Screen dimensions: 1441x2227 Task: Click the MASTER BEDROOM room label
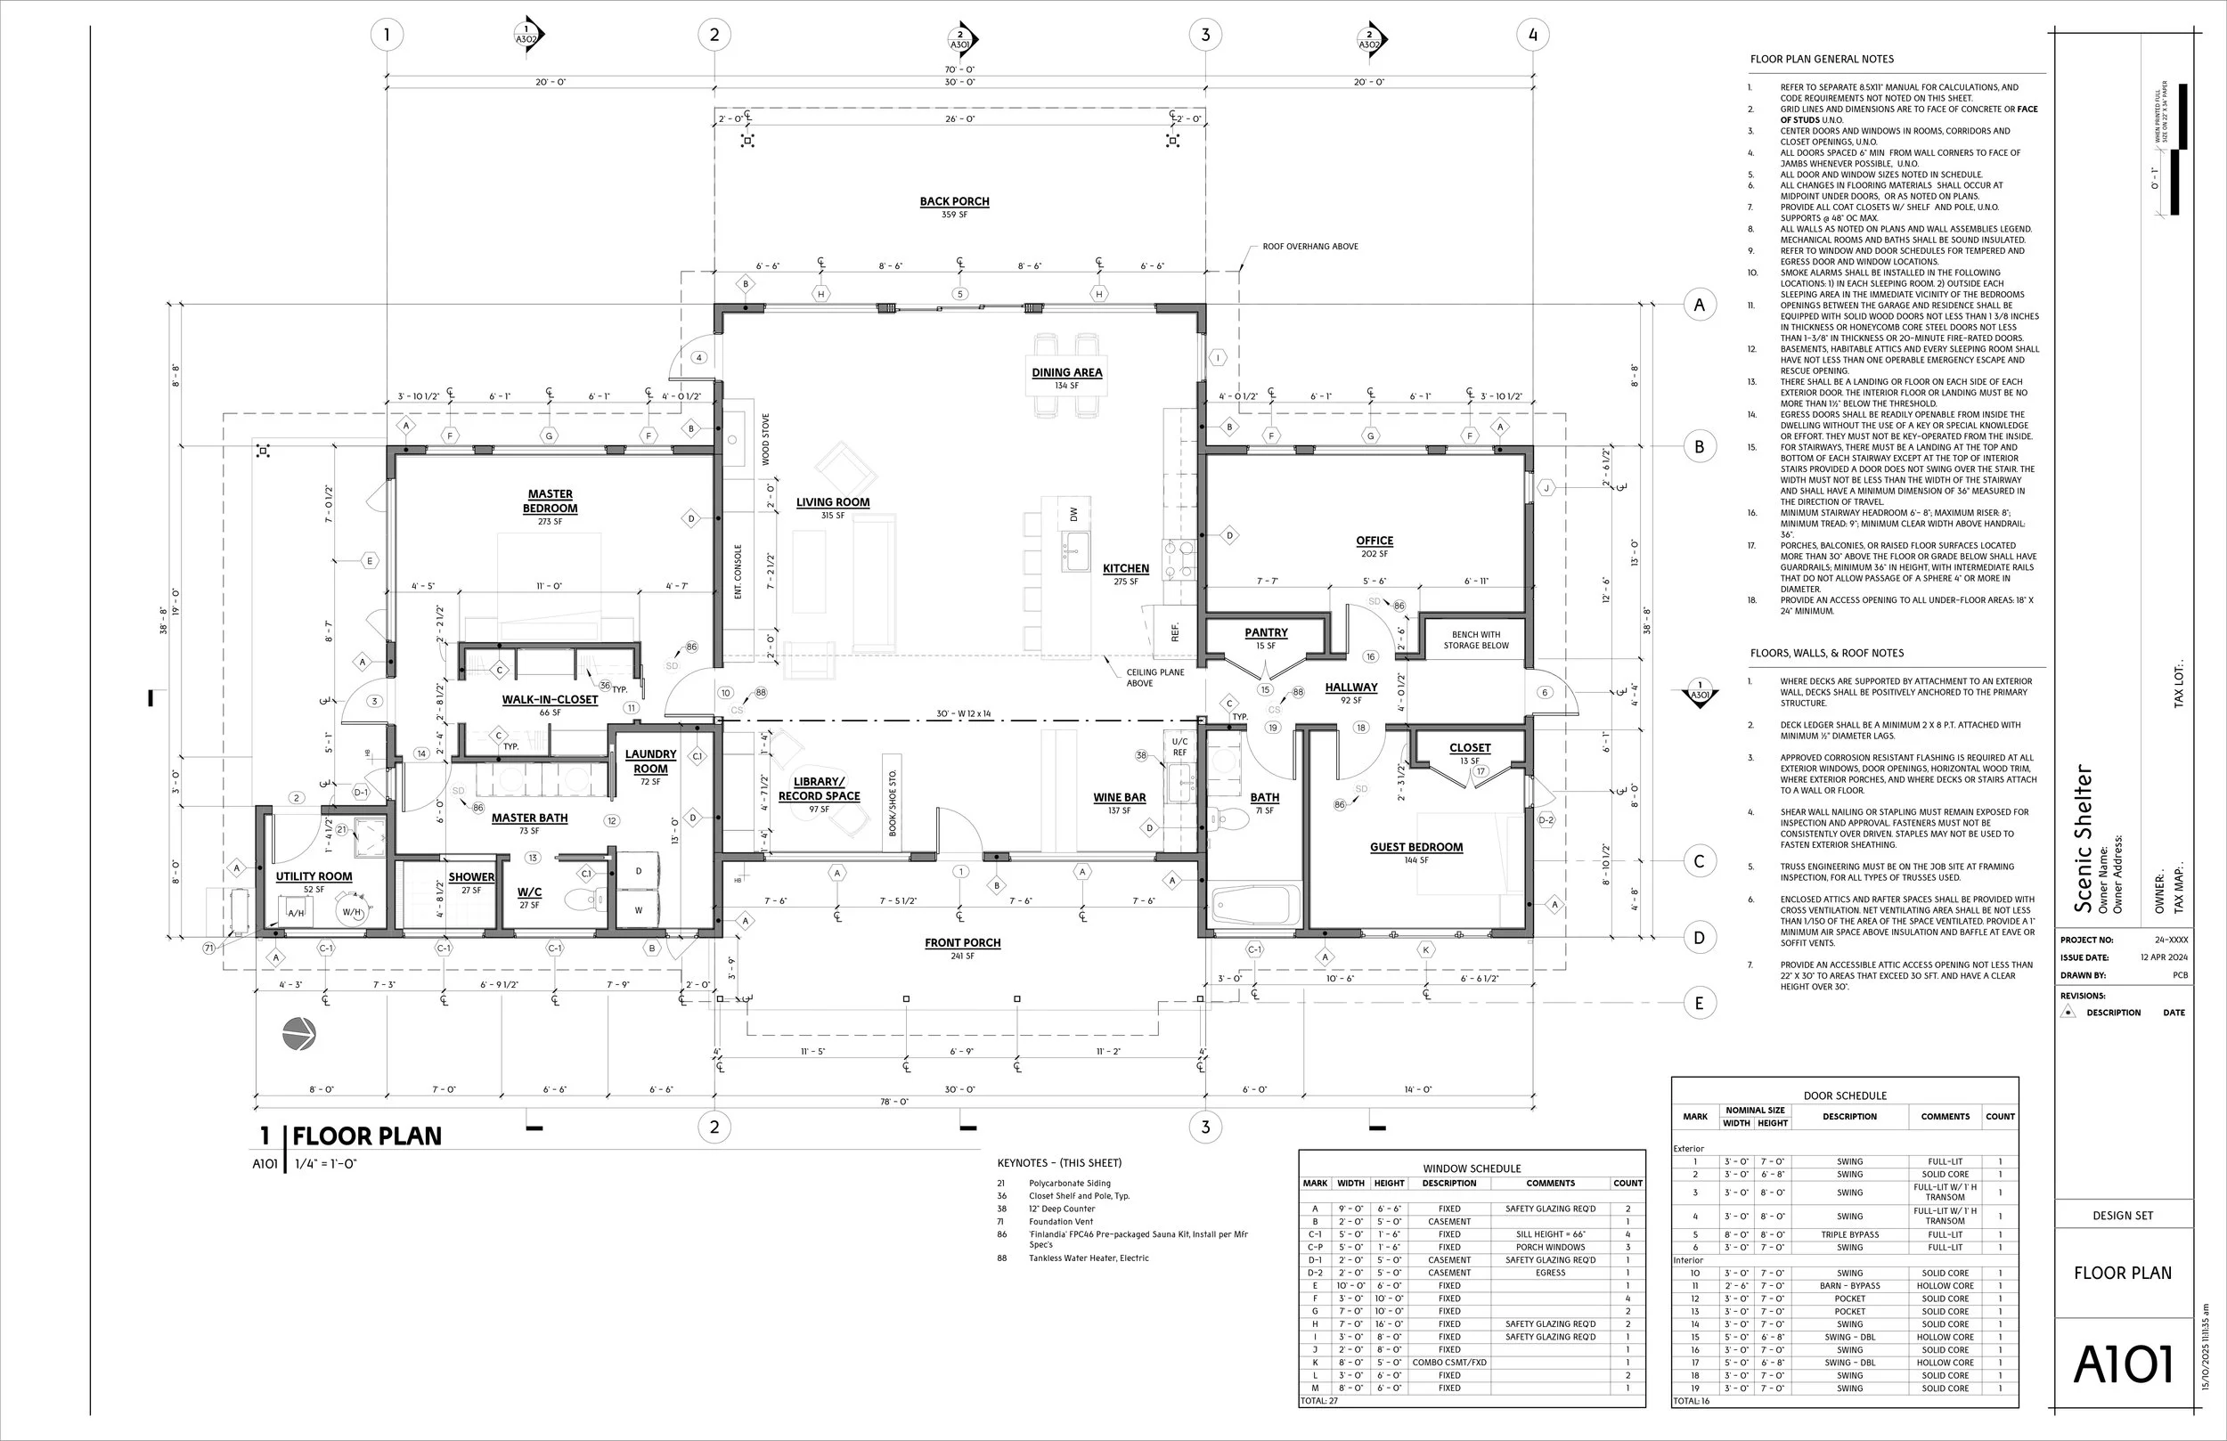click(x=551, y=501)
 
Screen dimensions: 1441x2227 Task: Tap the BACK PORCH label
click(x=953, y=201)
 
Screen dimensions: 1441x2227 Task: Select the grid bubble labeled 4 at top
click(x=1532, y=36)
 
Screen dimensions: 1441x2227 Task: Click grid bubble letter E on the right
click(x=1700, y=1004)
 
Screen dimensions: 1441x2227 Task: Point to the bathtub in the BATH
click(x=1256, y=905)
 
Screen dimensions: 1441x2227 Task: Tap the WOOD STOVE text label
click(x=765, y=439)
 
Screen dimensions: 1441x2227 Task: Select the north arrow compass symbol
click(x=299, y=1034)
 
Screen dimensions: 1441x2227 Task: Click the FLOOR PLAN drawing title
click(x=367, y=1136)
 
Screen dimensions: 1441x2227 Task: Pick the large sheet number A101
click(x=2122, y=1364)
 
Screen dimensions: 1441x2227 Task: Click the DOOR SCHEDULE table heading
click(x=1844, y=1095)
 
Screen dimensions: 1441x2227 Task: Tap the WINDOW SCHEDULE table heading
click(x=1471, y=1168)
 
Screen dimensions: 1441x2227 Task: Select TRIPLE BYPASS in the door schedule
click(x=1849, y=1234)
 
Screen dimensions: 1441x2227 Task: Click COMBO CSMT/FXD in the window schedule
click(x=1448, y=1363)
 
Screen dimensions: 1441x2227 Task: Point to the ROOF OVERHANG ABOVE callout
click(x=1310, y=247)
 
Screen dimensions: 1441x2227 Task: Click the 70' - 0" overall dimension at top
click(x=959, y=69)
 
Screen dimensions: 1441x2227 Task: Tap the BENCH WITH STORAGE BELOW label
click(x=1476, y=640)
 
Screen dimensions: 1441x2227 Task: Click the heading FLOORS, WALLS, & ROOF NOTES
click(x=1826, y=653)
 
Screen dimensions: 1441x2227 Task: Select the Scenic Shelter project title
click(x=2084, y=838)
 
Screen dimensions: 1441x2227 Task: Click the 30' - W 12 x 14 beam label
click(x=963, y=714)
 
